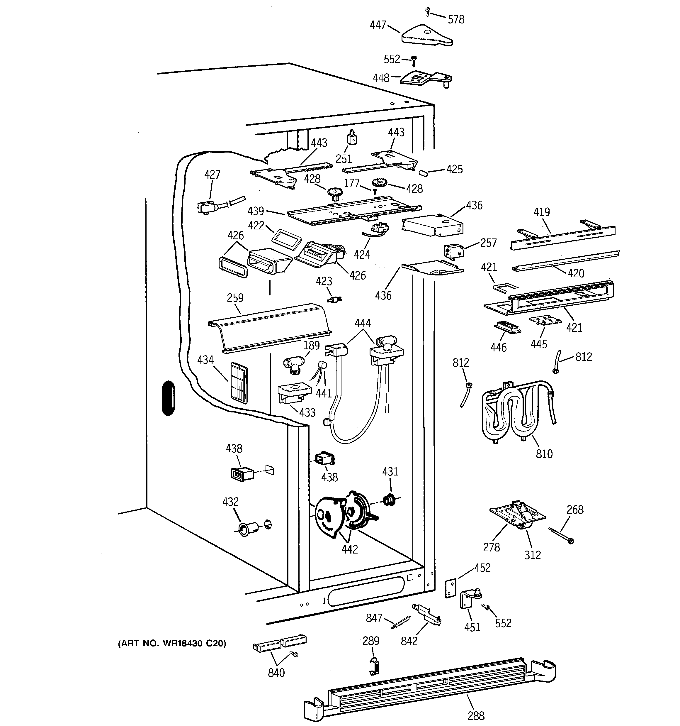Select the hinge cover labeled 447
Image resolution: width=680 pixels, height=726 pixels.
(x=426, y=36)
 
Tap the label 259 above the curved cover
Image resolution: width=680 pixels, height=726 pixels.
(x=235, y=298)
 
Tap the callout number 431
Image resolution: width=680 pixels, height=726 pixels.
(x=390, y=472)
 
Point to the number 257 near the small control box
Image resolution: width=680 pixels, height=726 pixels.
(x=488, y=243)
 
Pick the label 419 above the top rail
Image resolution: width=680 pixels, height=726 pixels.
(x=541, y=212)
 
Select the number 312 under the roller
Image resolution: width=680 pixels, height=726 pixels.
(x=532, y=555)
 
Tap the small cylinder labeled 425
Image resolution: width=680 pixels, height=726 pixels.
(x=424, y=172)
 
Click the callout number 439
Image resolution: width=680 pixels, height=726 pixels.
(x=256, y=211)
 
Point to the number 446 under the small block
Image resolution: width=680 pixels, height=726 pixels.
(x=498, y=347)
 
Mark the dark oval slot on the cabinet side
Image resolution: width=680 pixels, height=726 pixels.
(x=168, y=398)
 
